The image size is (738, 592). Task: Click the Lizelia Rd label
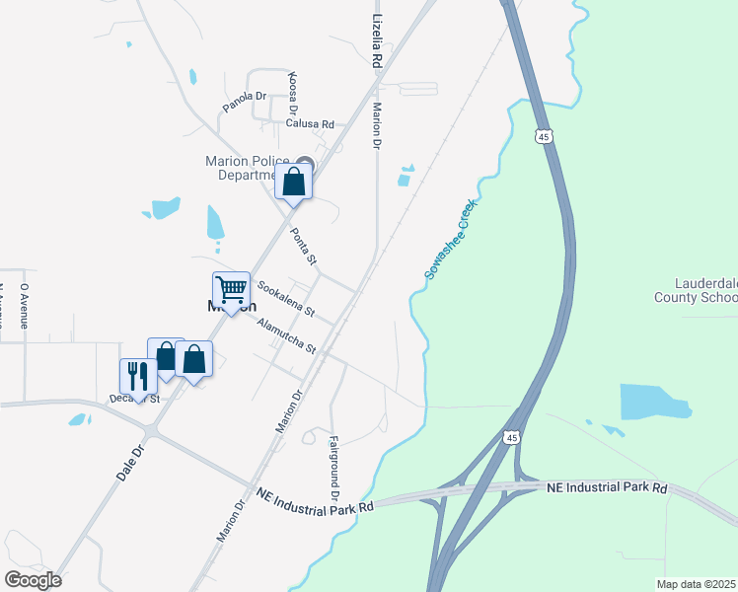coord(376,41)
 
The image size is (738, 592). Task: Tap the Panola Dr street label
coord(245,101)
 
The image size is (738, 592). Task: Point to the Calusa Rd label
coord(310,124)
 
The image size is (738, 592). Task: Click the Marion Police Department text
coord(247,168)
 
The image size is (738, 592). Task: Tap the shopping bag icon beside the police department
coord(294,182)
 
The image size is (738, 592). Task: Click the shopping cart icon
coord(231,290)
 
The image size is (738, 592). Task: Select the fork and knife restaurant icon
coord(138,376)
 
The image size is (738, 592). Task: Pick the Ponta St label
coord(303,247)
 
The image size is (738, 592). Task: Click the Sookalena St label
coord(285,298)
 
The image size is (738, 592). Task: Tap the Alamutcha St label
coord(285,335)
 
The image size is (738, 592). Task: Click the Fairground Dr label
coord(333,467)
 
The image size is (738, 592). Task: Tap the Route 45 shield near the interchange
coord(510,437)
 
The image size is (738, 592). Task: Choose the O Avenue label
coord(25,300)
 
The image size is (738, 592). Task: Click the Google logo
coord(33,579)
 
